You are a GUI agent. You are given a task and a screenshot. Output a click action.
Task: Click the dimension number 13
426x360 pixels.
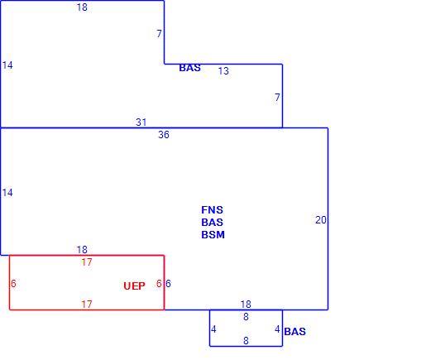pos(223,71)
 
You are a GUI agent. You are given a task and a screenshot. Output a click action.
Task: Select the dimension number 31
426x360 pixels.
pos(141,122)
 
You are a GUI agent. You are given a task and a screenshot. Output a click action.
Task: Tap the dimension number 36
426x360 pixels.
pos(164,135)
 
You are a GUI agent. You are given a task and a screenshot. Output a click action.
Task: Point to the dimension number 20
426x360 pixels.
pos(321,220)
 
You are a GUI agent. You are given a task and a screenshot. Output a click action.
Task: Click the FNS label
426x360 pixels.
pos(212,210)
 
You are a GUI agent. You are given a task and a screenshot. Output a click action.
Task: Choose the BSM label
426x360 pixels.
pos(213,235)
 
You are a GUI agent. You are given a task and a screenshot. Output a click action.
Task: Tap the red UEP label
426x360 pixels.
pos(134,286)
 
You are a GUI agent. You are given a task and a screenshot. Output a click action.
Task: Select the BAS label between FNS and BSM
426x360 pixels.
pos(212,223)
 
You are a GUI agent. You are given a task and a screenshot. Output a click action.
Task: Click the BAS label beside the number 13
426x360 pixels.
pos(189,68)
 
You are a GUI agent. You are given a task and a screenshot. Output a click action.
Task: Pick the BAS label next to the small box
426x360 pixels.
pos(294,332)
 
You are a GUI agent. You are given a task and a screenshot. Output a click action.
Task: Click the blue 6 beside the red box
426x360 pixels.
pos(168,284)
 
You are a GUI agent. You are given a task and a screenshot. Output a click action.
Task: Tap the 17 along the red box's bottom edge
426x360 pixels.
pos(87,305)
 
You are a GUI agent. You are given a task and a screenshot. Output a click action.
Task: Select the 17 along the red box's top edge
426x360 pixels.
pos(87,262)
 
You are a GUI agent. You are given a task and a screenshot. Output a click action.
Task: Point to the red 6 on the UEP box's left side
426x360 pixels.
pos(13,284)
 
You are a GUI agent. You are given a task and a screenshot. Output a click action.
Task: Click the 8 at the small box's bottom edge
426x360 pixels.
pos(246,341)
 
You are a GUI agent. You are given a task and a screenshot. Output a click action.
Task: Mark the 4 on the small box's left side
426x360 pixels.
pos(213,329)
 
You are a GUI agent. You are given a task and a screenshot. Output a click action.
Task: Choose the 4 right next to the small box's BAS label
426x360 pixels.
pos(277,329)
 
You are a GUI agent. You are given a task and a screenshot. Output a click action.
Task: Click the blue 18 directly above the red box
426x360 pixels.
pos(82,250)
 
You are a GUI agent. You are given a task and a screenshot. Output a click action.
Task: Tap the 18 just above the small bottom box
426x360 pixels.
pos(246,305)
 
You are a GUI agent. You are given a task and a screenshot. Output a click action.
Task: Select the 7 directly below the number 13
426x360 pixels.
pos(277,98)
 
